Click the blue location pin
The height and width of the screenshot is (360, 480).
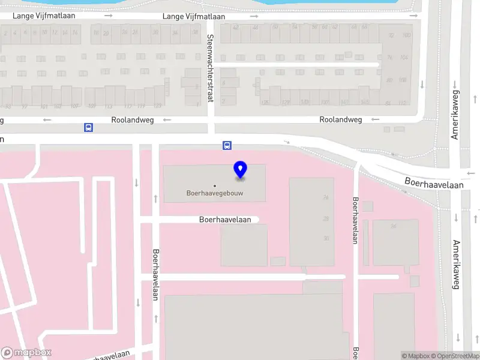click(x=241, y=170)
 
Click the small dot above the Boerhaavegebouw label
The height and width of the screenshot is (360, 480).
click(x=215, y=185)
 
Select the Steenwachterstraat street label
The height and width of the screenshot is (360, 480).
click(x=210, y=68)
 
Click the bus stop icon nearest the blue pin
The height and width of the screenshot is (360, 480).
click(x=227, y=145)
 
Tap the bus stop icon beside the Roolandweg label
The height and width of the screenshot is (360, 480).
click(x=88, y=127)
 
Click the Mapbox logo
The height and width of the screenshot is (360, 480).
click(x=26, y=353)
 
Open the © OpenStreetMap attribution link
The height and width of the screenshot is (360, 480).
click(x=454, y=356)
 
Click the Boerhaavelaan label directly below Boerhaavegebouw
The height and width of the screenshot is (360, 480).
click(x=225, y=220)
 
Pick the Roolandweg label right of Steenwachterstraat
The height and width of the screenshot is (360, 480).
click(x=341, y=119)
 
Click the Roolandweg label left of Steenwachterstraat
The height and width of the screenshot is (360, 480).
click(x=133, y=120)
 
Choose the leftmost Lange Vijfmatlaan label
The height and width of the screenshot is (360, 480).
click(x=45, y=16)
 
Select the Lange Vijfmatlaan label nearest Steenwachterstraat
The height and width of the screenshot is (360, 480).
click(x=194, y=16)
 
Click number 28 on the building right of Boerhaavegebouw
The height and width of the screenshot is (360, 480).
click(x=326, y=218)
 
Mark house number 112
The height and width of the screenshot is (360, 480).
click(x=403, y=103)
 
